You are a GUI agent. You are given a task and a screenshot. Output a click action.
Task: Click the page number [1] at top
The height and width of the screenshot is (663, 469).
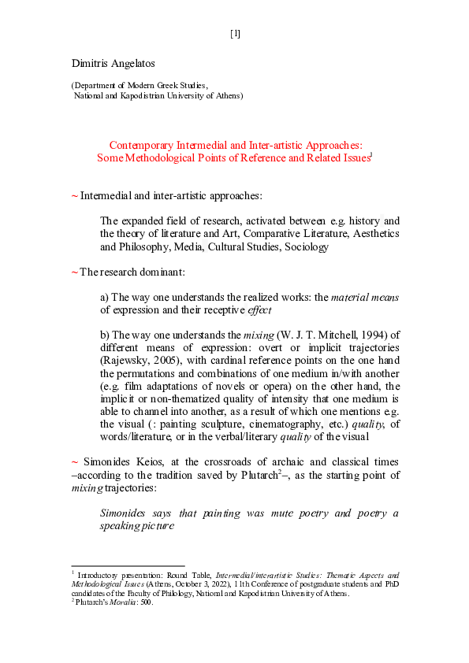point(235,34)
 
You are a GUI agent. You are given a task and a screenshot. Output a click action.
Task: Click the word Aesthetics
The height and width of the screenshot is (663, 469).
point(370,234)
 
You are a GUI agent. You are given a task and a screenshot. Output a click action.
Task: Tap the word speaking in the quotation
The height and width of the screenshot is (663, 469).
point(121,526)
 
